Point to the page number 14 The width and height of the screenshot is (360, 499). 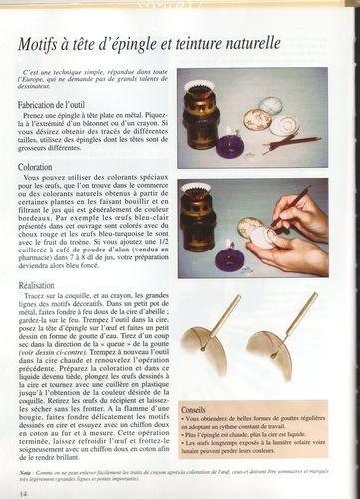pos(22,491)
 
